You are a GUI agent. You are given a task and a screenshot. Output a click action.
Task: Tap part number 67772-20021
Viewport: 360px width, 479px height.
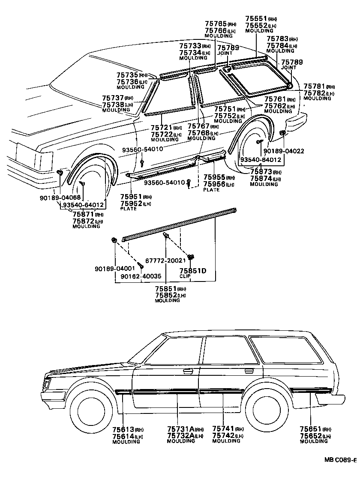tap(163, 260)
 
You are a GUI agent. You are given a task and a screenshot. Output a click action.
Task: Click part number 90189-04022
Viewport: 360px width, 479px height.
tap(284, 151)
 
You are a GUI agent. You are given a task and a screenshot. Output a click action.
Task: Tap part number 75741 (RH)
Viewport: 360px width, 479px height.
tap(224, 429)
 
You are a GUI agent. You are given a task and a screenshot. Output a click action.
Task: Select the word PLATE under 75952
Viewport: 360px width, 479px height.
tap(129, 209)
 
